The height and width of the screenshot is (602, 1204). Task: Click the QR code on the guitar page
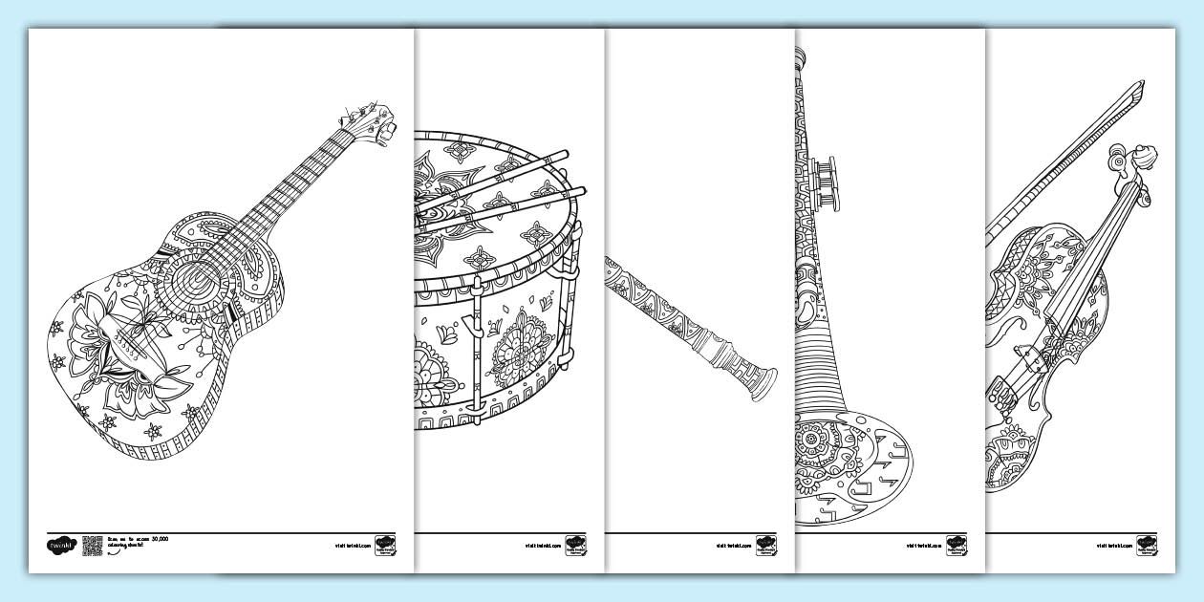(x=92, y=546)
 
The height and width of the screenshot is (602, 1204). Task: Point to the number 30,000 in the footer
(x=158, y=539)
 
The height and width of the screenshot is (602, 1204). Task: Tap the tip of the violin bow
(x=1137, y=90)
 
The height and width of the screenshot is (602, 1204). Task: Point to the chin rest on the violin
(x=999, y=392)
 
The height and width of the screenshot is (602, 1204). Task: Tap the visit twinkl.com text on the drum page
(x=541, y=547)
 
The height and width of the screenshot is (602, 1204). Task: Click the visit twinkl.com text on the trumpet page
(x=923, y=547)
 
